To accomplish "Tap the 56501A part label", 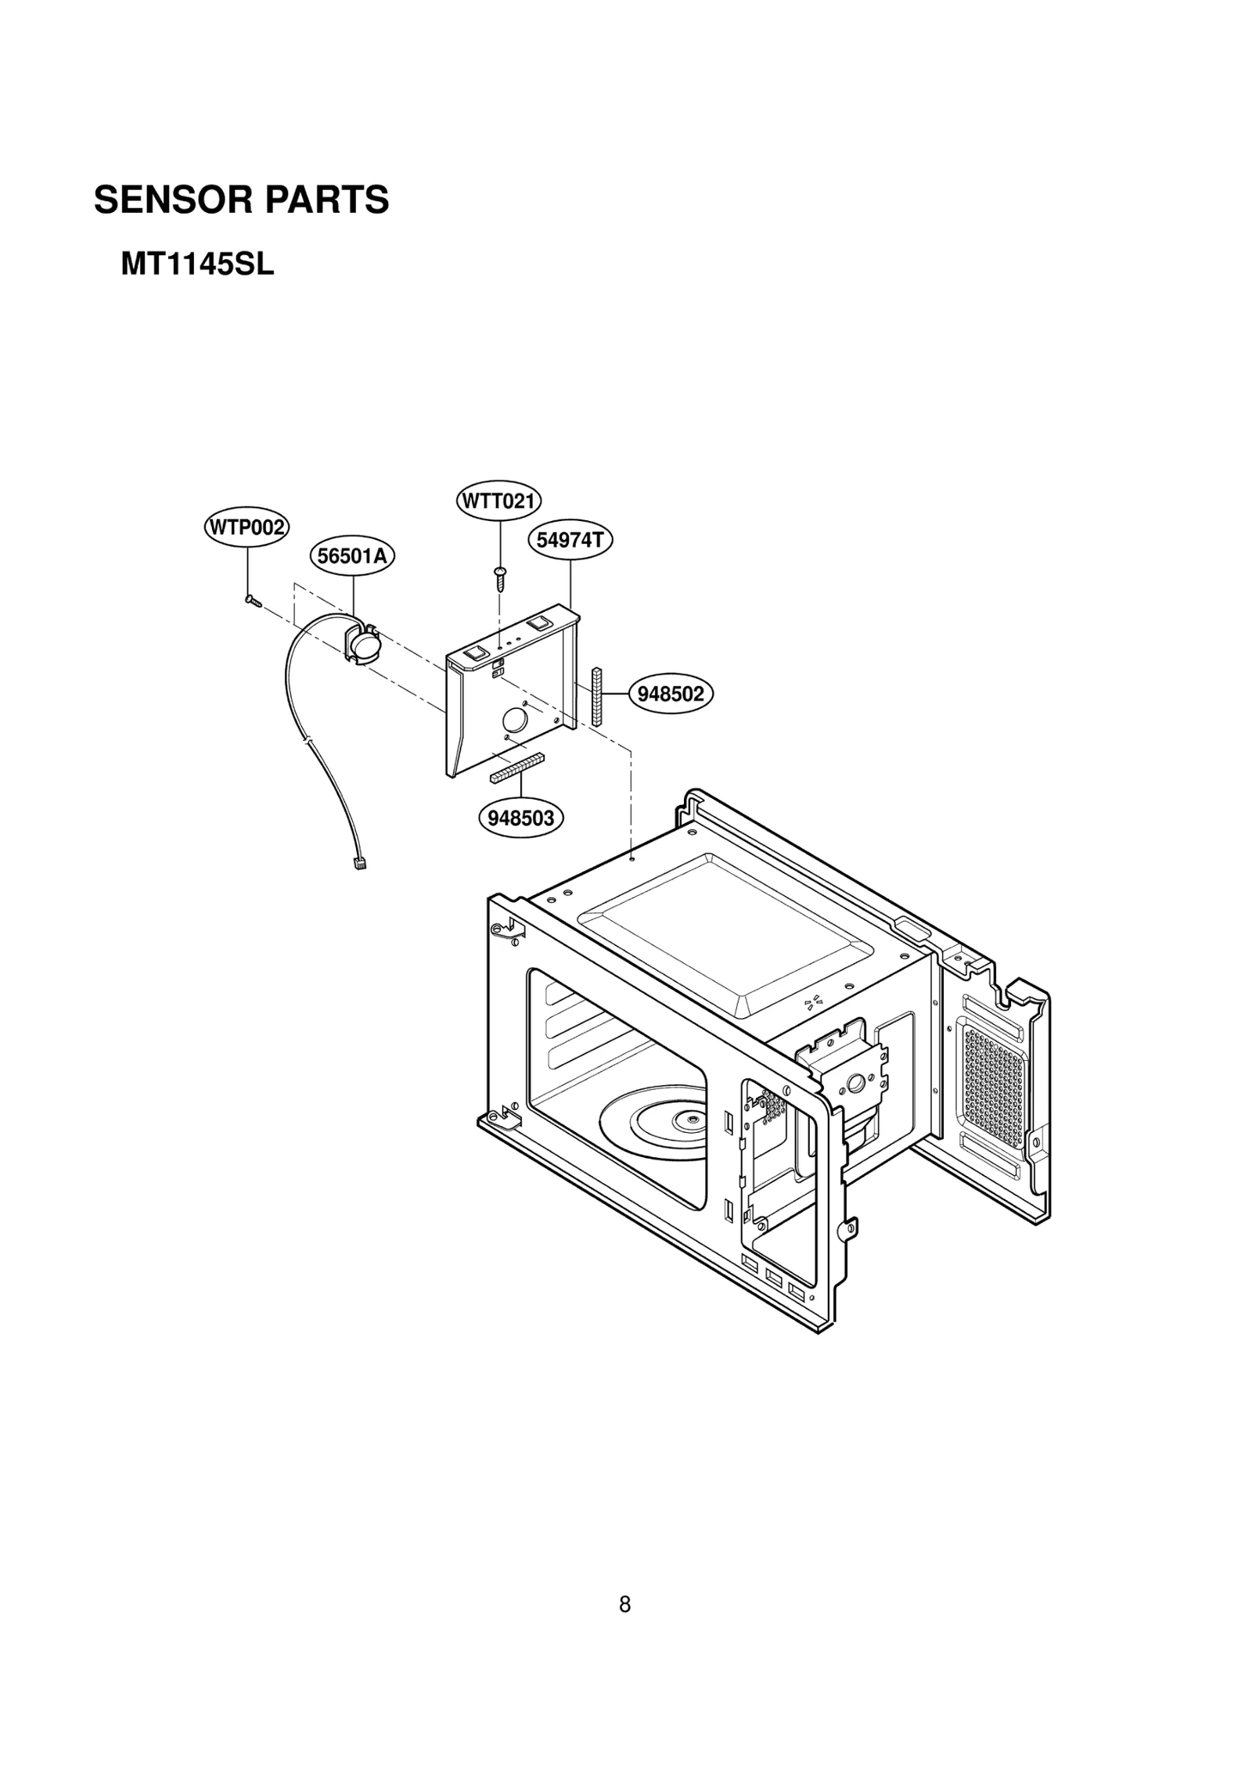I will (x=352, y=556).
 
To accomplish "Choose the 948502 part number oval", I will (x=671, y=693).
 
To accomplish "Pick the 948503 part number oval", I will (x=521, y=818).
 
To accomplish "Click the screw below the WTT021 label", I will (x=499, y=578).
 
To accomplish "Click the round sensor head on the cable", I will (x=362, y=646).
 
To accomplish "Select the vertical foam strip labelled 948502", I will (x=597, y=696).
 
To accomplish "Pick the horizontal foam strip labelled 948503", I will (x=517, y=768).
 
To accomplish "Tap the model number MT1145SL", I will (x=197, y=264).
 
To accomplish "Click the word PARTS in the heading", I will (x=326, y=200).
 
